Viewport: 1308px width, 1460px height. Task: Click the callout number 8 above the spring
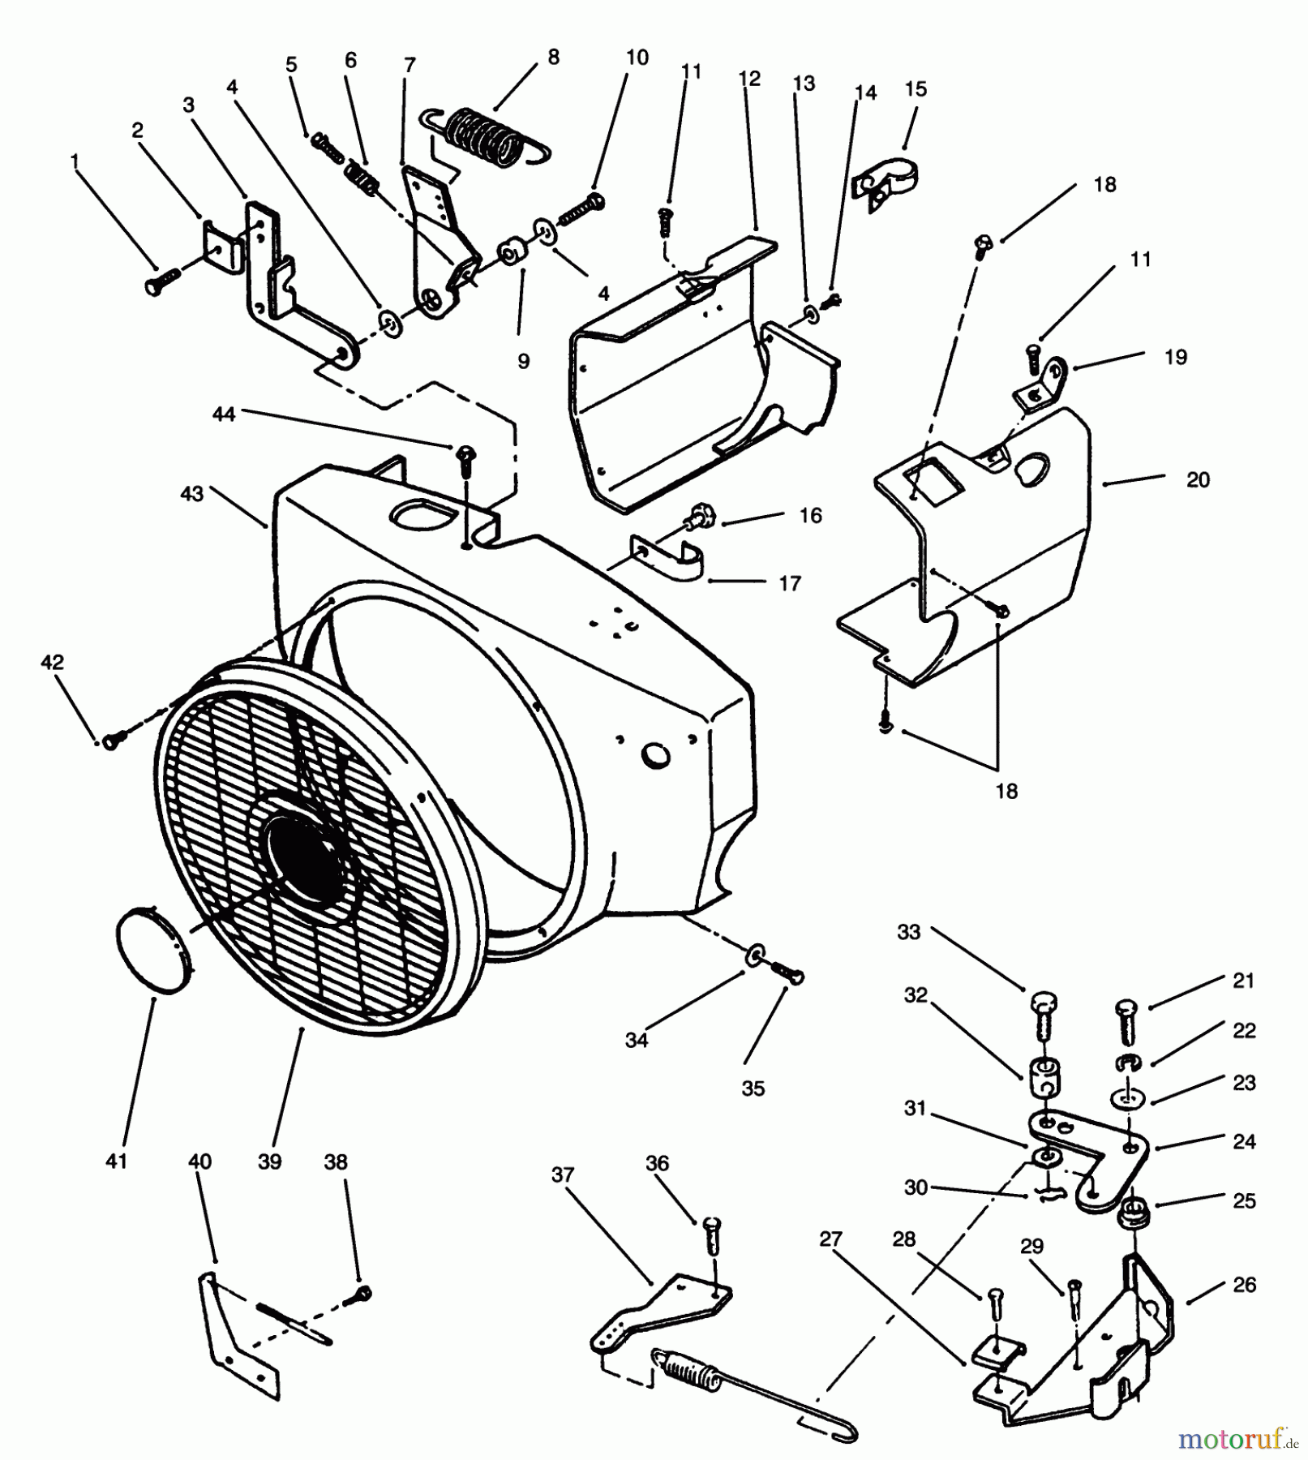[x=553, y=57]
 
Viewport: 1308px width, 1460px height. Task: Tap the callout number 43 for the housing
[x=191, y=493]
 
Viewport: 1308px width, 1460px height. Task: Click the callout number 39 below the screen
[x=269, y=1162]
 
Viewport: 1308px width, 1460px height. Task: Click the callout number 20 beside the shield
[x=1198, y=479]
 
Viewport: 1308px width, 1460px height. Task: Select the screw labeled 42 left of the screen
[x=114, y=737]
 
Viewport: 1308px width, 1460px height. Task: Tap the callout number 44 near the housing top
[x=223, y=414]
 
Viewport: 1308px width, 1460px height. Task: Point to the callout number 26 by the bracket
[x=1244, y=1284]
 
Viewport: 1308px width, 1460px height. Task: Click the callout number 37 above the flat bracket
[x=563, y=1174]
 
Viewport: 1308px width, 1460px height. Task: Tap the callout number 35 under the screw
[x=753, y=1089]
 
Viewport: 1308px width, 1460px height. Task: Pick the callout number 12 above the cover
[x=750, y=79]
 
